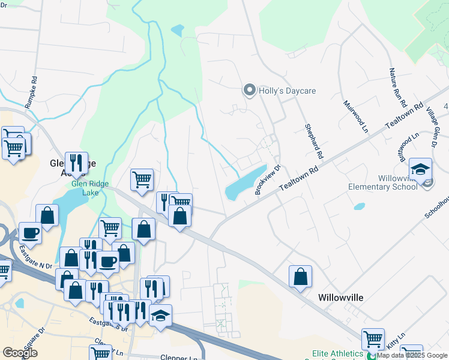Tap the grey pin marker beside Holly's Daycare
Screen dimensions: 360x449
(x=249, y=91)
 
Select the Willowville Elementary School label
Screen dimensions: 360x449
(x=382, y=182)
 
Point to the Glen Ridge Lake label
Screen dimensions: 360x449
(x=85, y=188)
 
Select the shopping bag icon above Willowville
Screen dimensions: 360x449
(x=300, y=277)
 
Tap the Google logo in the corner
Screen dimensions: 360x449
(x=20, y=353)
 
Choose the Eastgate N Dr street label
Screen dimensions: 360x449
(x=35, y=255)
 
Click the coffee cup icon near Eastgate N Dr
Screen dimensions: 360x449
(x=30, y=233)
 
